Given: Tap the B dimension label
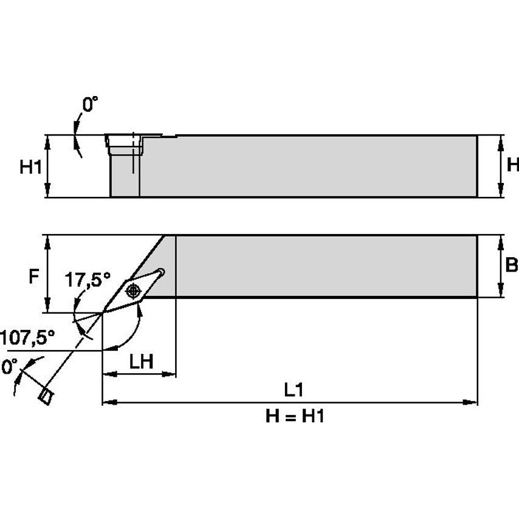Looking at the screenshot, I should click(512, 266).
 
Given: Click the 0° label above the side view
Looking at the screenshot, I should click(89, 105).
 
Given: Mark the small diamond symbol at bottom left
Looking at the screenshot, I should click(45, 396).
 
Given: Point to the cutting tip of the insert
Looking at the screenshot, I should click(103, 312).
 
